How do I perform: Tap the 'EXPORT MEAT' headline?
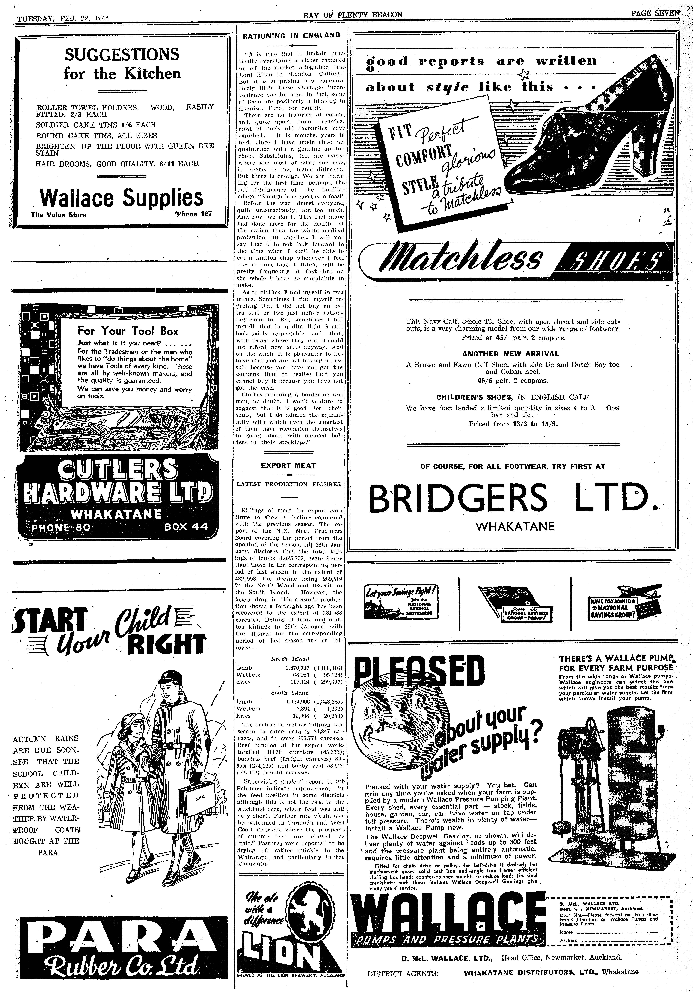pyautogui.click(x=288, y=465)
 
